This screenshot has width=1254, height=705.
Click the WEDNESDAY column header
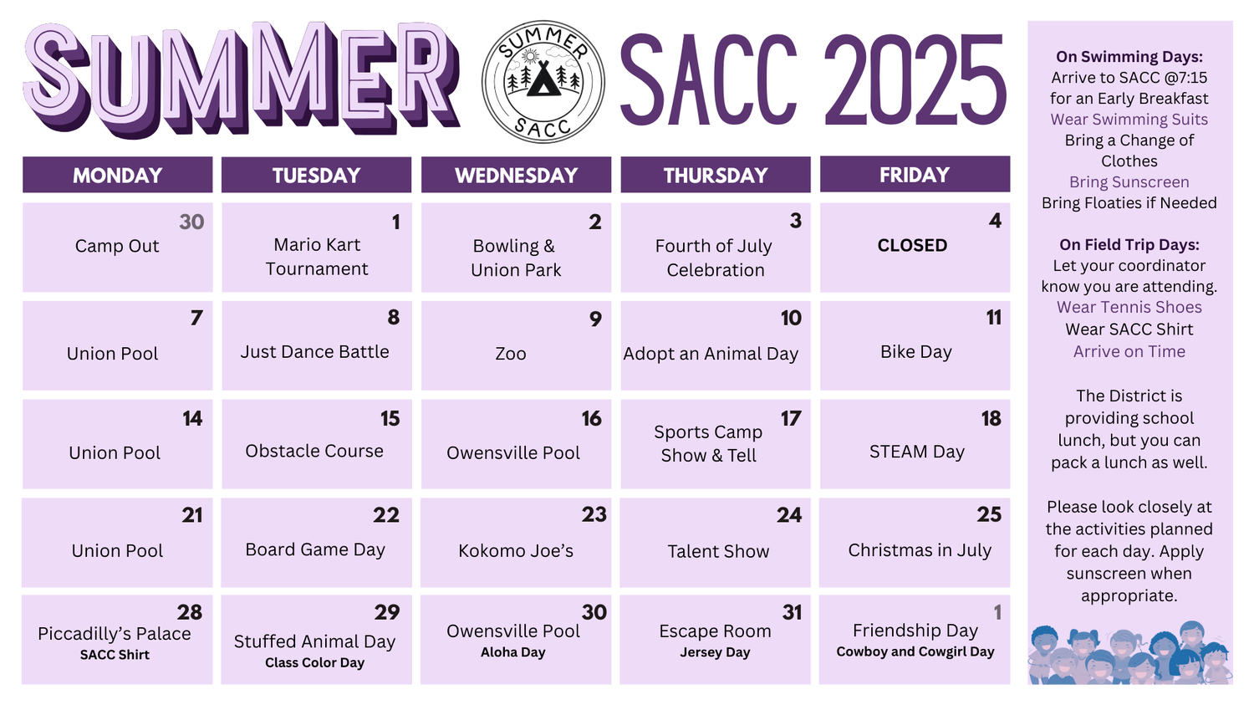pos(516,176)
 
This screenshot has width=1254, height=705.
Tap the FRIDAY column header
pos(915,175)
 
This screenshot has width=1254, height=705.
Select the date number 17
pos(791,418)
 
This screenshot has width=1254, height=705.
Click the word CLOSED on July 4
pos(912,245)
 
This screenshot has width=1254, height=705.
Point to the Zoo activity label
pos(511,354)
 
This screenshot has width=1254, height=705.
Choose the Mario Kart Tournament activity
pos(317,257)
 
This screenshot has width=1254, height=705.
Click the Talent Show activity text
pos(718,551)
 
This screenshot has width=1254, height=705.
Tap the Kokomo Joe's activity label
pos(516,550)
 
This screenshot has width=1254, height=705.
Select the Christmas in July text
pos(920,550)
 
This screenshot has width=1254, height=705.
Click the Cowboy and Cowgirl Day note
pos(915,651)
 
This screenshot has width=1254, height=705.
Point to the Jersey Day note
pos(715,652)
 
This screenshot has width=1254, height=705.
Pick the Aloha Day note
pos(512,651)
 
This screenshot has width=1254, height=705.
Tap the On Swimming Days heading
pos(1129,57)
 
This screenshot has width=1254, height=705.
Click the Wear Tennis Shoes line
pos(1129,307)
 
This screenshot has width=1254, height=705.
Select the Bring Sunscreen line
pos(1129,182)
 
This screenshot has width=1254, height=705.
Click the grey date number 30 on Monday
pos(191,222)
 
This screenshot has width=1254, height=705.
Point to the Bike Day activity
pos(916,351)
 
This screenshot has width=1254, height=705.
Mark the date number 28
pos(190,613)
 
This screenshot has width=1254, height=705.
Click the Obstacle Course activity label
pos(314,451)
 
